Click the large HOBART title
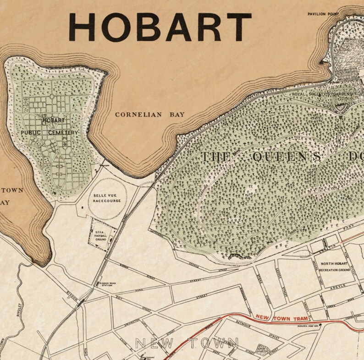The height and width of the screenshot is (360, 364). [160, 27]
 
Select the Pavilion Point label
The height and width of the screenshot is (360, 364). [324, 14]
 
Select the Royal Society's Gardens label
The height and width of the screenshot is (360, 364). [323, 94]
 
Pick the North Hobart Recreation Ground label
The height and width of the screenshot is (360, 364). [335, 267]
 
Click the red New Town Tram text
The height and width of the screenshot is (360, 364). [281, 317]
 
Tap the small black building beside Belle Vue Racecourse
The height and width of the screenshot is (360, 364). [83, 207]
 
